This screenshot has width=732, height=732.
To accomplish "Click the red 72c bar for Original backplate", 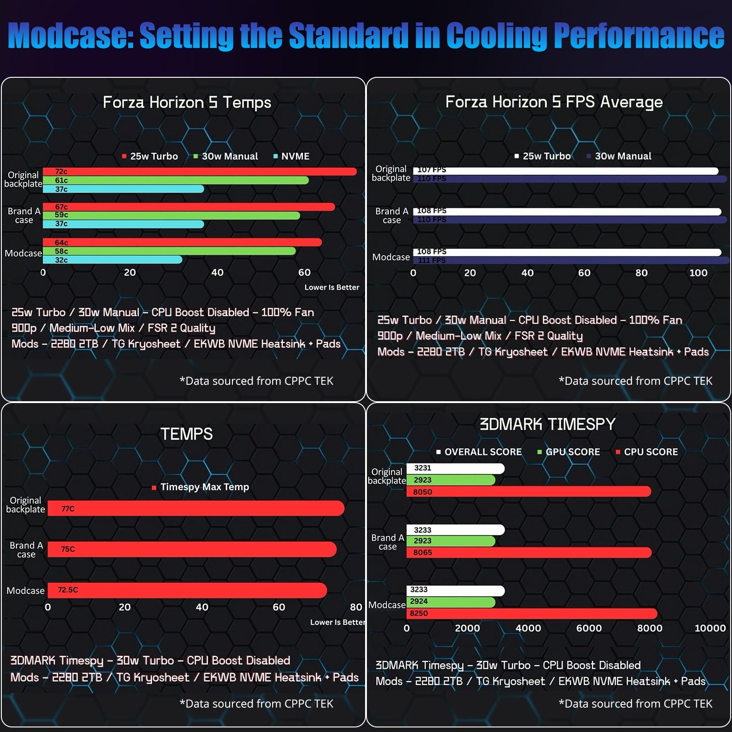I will point(199,172).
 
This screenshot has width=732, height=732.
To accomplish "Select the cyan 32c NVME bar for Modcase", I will point(113,260).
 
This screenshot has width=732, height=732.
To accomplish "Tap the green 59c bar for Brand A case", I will point(172,215).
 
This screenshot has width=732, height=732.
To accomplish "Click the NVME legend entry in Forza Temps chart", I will point(291,156).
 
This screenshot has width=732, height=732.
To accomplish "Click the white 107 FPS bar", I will point(565,171).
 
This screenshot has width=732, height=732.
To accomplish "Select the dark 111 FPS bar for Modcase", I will point(571,260).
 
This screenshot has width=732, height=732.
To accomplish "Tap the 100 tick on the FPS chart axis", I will point(698,273).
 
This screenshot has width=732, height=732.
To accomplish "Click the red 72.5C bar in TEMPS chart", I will point(187,590).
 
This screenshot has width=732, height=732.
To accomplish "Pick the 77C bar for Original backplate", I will point(196,508).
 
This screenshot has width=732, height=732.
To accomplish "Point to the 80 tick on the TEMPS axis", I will point(356,607).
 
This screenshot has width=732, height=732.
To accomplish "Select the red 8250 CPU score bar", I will point(532,614).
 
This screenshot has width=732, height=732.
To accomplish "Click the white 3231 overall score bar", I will point(456,468).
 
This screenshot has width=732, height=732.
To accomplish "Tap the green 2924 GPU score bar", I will point(451,602).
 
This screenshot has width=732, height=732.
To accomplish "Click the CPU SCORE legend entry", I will point(647,452).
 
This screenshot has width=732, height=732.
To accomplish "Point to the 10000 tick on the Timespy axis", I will point(710,628).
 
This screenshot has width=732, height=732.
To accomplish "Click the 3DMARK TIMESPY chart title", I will point(548,424).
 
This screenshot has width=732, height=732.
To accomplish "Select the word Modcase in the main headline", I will point(70,36).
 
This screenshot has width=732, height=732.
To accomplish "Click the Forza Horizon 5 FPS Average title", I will point(554,102).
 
